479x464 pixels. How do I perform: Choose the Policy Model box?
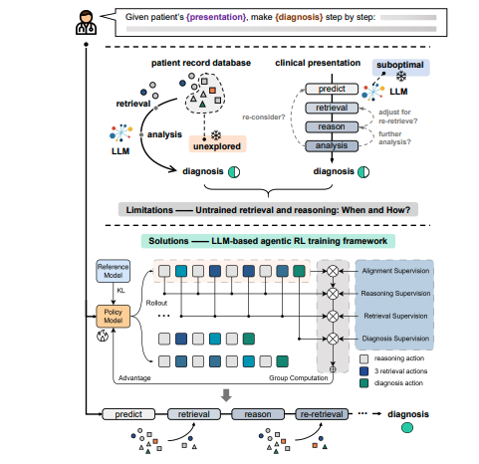click(x=113, y=317)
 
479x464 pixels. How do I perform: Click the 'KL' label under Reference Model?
click(x=120, y=292)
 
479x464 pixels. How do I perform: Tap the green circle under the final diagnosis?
click(x=408, y=429)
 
